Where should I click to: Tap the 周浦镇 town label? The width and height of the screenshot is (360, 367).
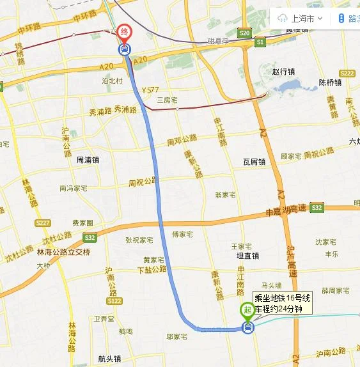click(x=88, y=160)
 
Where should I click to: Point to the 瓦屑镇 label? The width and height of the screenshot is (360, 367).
click(x=254, y=162)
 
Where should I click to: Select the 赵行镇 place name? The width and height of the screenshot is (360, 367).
click(x=282, y=72)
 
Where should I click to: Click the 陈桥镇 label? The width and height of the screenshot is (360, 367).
click(x=331, y=82)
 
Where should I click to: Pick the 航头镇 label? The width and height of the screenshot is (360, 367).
click(x=111, y=359)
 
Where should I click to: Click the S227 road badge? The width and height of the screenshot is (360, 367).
click(x=43, y=223)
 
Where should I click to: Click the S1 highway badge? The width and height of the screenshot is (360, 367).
click(x=260, y=42)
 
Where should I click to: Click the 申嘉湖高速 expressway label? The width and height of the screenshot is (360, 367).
click(x=286, y=211)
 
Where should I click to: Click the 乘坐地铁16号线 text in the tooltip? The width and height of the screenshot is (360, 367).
click(x=283, y=298)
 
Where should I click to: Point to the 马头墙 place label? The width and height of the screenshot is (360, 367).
click(x=272, y=276)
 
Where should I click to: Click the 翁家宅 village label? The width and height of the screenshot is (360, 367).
click(x=225, y=194)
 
